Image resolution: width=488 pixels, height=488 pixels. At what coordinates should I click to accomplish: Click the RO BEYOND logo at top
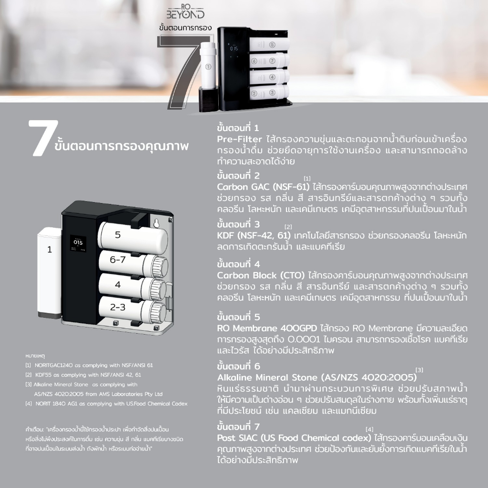(x=185, y=12)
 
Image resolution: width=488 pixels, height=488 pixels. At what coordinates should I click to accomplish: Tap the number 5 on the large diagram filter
(x=118, y=234)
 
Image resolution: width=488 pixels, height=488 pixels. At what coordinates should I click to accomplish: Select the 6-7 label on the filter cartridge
(x=118, y=260)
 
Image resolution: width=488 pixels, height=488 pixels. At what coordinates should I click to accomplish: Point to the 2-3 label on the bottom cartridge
(x=118, y=307)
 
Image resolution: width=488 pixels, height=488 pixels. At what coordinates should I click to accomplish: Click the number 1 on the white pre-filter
(x=50, y=250)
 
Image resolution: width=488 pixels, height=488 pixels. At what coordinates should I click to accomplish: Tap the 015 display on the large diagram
(x=78, y=243)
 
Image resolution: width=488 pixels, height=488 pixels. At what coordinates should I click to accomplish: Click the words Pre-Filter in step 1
(x=240, y=139)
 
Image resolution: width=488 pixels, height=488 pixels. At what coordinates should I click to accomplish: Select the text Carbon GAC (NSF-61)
(x=263, y=187)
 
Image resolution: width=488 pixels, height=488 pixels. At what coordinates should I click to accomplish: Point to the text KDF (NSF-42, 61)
(x=254, y=235)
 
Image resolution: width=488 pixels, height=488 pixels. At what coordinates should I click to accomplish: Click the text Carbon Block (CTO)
(x=261, y=275)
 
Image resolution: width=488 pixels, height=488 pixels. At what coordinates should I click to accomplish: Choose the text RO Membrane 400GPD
(x=267, y=328)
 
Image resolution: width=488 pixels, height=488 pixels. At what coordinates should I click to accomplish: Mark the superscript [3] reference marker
(x=419, y=370)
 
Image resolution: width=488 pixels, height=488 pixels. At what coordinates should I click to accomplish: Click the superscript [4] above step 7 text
(x=369, y=429)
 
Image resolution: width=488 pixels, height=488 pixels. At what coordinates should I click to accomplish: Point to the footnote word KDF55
(x=43, y=375)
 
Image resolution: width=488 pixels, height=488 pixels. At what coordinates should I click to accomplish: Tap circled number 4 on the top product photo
(x=272, y=77)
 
